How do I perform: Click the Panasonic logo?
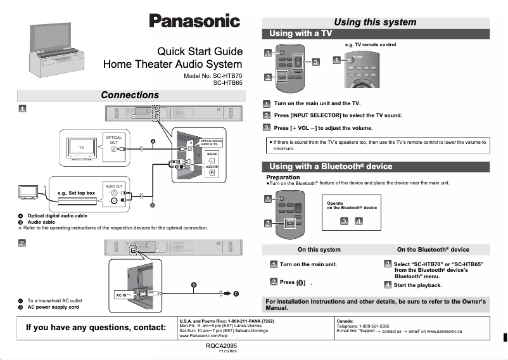[194, 21]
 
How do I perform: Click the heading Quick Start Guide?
[200, 51]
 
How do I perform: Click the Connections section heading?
[130, 95]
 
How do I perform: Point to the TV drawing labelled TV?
[81, 147]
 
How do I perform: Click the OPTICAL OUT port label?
[113, 140]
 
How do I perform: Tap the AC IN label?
[124, 295]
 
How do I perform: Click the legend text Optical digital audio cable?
[57, 216]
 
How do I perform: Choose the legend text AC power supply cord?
[53, 307]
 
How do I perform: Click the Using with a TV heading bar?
[301, 33]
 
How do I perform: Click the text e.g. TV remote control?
[371, 45]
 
